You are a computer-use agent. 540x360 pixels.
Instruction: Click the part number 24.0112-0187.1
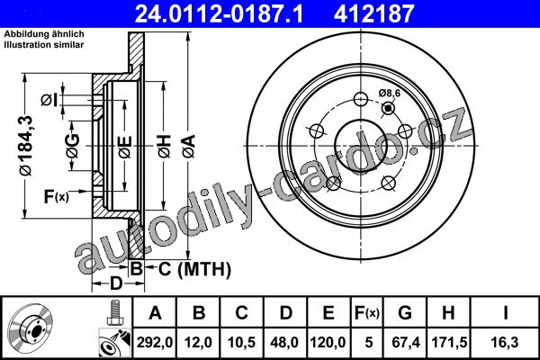pyautogui.click(x=220, y=13)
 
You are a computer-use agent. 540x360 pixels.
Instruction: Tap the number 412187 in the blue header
pyautogui.click(x=373, y=13)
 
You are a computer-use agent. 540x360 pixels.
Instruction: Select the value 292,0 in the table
pyautogui.click(x=155, y=342)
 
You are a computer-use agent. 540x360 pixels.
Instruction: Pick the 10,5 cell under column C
pyautogui.click(x=241, y=342)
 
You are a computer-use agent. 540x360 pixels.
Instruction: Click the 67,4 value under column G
pyautogui.click(x=406, y=342)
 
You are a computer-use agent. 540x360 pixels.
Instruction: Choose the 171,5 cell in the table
pyautogui.click(x=449, y=342)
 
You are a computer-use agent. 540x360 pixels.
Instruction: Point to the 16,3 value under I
pyautogui.click(x=505, y=342)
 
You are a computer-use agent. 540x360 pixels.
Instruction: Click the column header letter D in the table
pyautogui.click(x=285, y=313)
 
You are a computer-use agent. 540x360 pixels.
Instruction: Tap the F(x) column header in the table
pyautogui.click(x=367, y=313)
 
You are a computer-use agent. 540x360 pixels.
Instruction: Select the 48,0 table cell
pyautogui.click(x=284, y=342)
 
